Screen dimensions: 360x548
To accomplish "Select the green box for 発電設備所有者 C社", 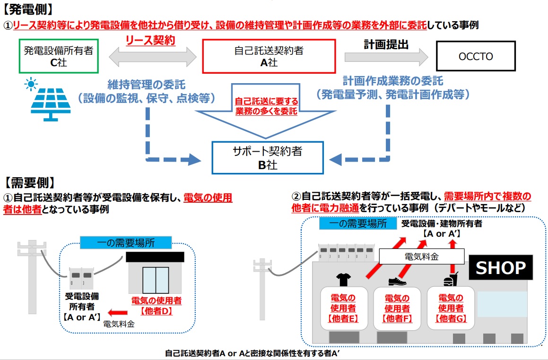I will pyautogui.click(x=58, y=56).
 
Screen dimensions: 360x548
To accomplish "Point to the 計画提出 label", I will pyautogui.click(x=386, y=44).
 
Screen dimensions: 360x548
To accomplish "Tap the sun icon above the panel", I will pyautogui.click(x=32, y=85).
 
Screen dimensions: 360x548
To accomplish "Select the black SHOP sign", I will pyautogui.click(x=500, y=268).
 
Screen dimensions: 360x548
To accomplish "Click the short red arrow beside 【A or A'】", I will pyautogui.click(x=117, y=312).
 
